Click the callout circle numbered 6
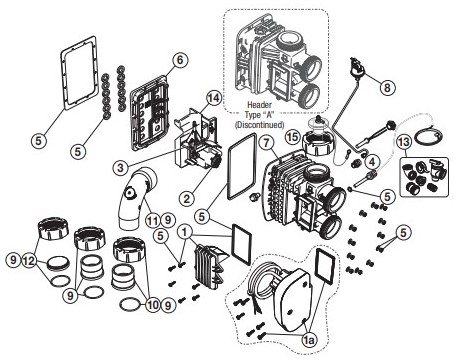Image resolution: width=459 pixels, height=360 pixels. coord(180,60)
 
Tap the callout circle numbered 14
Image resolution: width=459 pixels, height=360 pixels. coord(214,98)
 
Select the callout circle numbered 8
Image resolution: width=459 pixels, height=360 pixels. coord(387,88)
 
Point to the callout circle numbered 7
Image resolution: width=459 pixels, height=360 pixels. coord(266,143)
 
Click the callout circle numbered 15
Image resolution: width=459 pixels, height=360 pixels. coord(292,137)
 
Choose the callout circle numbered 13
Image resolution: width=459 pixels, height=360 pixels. coord(403,142)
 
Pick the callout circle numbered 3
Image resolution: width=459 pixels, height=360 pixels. coord(120,168)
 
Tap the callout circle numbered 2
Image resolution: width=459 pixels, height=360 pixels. coord(187,199)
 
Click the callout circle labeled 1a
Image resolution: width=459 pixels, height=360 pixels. coord(309,340)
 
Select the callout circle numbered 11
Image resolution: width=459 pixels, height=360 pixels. coord(153,220)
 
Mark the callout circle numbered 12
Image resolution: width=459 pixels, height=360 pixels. coord(29,261)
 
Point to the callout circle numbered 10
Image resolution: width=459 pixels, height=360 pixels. coord(152,305)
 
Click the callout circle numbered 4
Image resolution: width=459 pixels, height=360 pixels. coord(372,162)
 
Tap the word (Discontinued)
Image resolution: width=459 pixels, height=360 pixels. coord(259,125)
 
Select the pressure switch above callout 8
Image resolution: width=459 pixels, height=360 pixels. coord(357,67)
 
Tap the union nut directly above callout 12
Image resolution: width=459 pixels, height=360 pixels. coord(54,229)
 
